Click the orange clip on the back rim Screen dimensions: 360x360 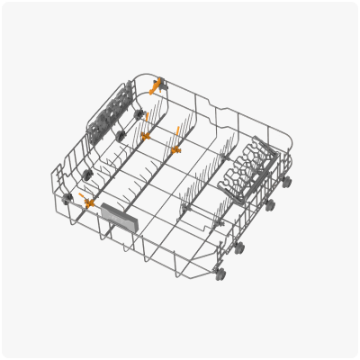tap(157, 87)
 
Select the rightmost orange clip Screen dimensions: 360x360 tap(175, 149)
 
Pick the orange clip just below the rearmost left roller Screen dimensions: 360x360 tap(145, 136)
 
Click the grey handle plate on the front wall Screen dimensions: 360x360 tap(117, 216)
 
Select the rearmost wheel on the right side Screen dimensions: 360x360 tap(287, 182)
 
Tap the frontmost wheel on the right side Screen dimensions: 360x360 tap(220, 272)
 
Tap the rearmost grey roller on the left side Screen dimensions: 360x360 tap(139, 115)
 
